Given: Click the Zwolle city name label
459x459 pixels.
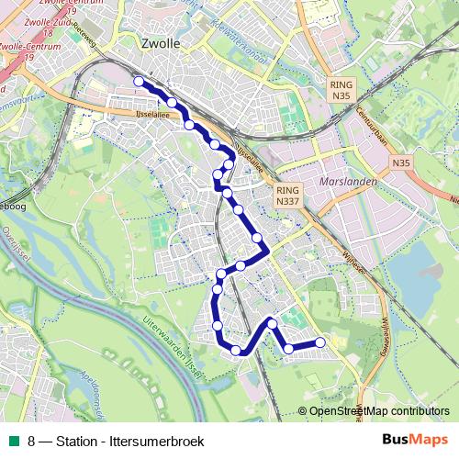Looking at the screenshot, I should click(x=162, y=42).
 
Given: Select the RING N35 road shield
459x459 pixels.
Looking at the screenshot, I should click(x=341, y=89).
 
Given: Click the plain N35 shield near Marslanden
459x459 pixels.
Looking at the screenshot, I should click(x=400, y=162).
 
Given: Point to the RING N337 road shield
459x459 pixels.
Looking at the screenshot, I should click(x=287, y=196).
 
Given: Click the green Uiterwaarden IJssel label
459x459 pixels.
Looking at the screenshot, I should click(x=171, y=343).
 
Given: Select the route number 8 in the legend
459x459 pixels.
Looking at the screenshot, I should click(x=32, y=441).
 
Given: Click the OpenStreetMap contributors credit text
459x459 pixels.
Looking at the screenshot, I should click(x=378, y=411).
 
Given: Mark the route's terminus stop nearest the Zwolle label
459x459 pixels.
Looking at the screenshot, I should click(x=139, y=82).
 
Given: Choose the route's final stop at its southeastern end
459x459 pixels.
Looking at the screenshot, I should click(x=320, y=342).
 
